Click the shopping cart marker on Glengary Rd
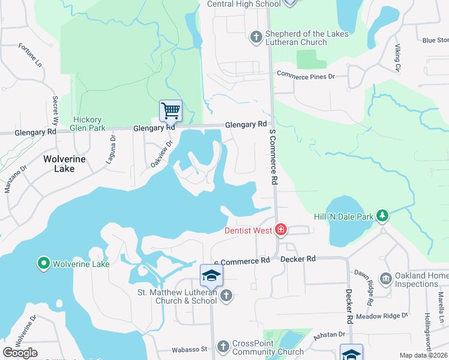click(171, 110)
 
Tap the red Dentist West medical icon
click(280, 229)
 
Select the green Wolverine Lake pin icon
click(43, 263)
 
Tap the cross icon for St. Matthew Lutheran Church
click(226, 295)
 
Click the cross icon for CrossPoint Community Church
click(223, 346)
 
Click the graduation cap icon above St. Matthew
click(211, 275)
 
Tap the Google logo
click(20, 353)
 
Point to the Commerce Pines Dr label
click(305, 76)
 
